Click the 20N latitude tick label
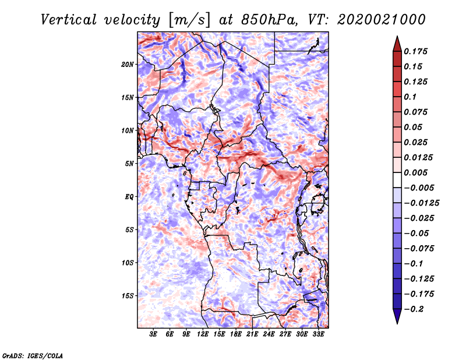[128, 64]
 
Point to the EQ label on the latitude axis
[129, 197]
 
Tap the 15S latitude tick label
[128, 296]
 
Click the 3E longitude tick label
[154, 335]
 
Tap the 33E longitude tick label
[319, 335]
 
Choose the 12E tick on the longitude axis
[203, 335]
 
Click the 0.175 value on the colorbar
[416, 51]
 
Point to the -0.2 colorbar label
[414, 309]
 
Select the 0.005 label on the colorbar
[416, 172]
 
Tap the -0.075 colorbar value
[419, 248]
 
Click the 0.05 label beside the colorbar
[414, 127]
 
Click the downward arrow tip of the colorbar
[397, 322]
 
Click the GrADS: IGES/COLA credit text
[33, 355]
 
